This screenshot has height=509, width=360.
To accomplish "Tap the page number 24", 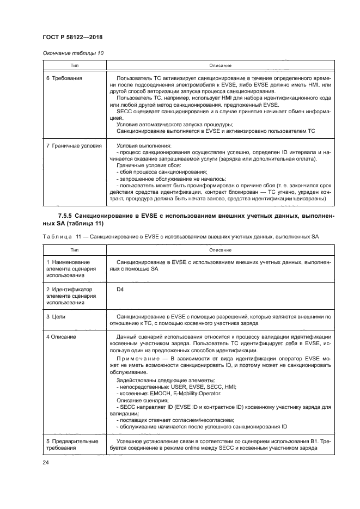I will [45, 463].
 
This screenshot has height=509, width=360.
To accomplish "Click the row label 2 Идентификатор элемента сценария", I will [70, 295].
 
